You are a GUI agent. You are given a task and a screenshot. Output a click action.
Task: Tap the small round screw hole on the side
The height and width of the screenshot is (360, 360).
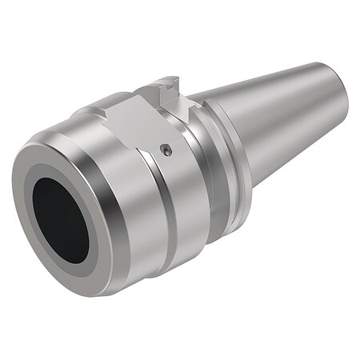(x=166, y=149)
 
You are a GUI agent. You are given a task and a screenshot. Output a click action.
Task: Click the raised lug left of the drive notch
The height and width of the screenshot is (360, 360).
(x=156, y=86)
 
